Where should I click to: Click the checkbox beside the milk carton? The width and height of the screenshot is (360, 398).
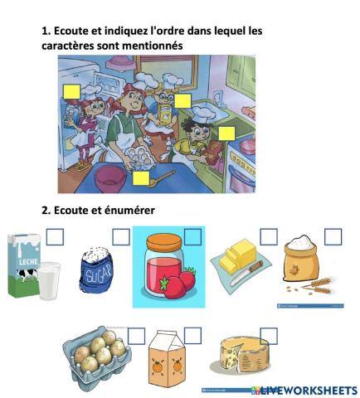tap(55, 237)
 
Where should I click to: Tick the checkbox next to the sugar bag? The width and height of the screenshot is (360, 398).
tap(121, 237)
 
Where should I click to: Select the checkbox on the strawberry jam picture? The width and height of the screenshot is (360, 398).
tap(192, 237)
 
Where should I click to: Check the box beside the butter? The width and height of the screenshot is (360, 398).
tap(269, 237)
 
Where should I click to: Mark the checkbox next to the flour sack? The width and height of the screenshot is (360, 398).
tap(333, 237)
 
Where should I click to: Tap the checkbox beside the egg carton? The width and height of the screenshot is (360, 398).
tap(136, 336)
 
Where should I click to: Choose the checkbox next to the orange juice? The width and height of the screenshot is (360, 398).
tap(192, 336)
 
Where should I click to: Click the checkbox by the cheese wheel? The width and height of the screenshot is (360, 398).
tap(269, 336)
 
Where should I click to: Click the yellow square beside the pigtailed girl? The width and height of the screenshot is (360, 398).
tap(72, 92)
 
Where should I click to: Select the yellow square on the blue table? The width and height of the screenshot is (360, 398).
tap(141, 178)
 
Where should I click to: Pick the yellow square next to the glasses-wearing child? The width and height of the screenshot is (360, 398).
tap(182, 101)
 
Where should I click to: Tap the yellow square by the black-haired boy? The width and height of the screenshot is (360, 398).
tap(226, 133)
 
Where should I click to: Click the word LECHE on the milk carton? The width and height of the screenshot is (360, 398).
tap(28, 261)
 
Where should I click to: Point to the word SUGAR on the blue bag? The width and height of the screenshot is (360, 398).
tap(99, 274)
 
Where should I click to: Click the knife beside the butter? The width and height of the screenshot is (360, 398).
tap(246, 274)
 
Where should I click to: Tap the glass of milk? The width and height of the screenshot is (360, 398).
tap(49, 281)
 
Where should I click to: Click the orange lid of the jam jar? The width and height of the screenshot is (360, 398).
tap(164, 242)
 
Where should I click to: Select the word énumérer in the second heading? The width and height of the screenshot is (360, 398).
tap(129, 211)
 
